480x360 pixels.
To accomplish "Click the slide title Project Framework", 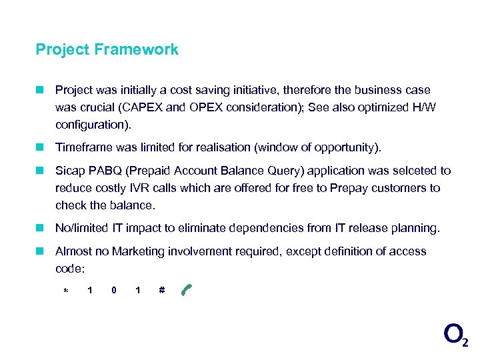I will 107,49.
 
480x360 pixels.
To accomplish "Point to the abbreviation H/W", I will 422,108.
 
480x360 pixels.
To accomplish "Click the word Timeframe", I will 84,147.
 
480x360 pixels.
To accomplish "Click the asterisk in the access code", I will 65,291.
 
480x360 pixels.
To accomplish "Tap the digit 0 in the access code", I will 114,290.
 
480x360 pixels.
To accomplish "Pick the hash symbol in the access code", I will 162,290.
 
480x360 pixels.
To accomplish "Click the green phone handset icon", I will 186,289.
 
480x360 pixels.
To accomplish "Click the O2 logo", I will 455,334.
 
